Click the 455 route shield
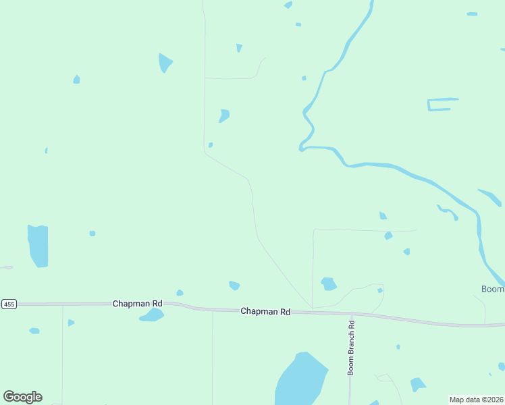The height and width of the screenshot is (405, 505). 9,304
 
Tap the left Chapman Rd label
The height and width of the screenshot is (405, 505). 137,304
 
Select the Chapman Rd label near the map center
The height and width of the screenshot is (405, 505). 265,312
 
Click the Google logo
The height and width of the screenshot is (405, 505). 22,397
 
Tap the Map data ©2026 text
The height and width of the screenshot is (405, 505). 476,400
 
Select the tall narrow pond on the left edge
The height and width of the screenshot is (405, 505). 38,245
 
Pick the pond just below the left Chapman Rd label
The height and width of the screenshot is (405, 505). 152,315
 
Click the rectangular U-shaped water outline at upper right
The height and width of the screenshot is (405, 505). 442,104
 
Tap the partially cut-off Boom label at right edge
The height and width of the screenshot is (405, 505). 493,289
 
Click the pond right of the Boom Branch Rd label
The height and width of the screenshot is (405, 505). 417,385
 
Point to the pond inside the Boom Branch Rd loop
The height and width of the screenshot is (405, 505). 328,283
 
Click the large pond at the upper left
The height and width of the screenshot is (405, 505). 164,63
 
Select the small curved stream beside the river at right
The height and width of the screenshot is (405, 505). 448,212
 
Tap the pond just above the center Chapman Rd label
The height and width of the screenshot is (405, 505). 234,286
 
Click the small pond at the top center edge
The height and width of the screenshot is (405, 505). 288,5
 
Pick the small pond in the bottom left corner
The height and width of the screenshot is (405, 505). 34,331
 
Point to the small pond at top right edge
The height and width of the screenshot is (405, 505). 472,13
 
